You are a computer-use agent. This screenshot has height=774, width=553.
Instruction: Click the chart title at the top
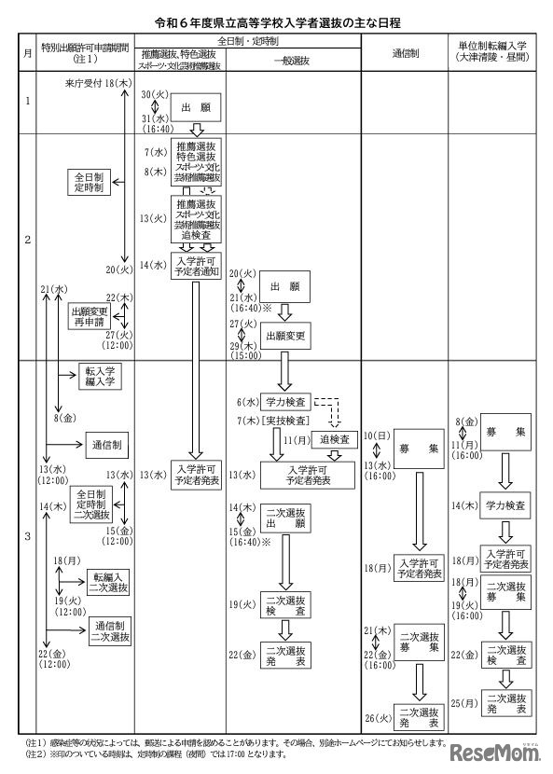coord(276,19)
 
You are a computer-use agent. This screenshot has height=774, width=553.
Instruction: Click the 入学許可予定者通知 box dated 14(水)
coord(196,267)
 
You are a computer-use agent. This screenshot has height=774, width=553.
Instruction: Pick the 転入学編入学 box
coord(102,377)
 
